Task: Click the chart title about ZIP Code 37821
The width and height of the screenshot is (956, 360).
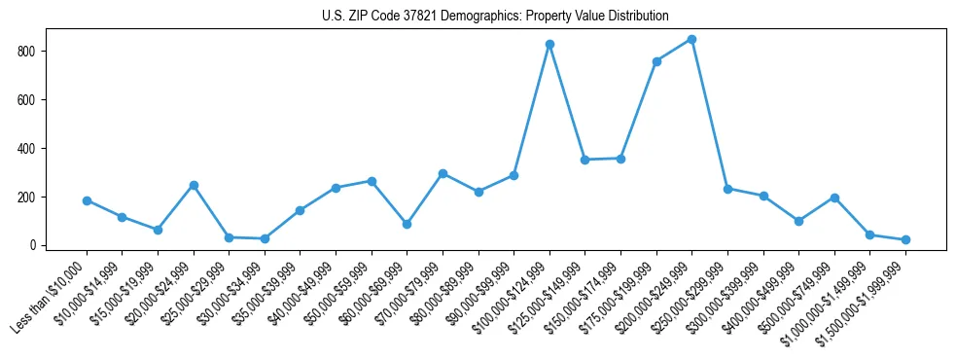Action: point(495,16)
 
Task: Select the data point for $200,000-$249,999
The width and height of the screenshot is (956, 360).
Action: point(691,39)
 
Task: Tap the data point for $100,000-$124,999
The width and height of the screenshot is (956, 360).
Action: point(549,44)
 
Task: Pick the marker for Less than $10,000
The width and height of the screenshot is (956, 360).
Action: point(87,200)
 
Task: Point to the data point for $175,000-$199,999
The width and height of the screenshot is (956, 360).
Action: point(656,61)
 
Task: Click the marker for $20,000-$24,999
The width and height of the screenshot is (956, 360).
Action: point(194,185)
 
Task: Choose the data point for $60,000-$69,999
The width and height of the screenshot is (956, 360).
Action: point(407,224)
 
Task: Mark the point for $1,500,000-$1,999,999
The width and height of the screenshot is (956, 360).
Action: point(905,239)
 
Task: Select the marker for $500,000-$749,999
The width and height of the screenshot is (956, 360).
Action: point(834,198)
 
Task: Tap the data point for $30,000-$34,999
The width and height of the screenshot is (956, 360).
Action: point(265,238)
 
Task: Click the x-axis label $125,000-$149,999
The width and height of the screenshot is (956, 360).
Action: point(549,296)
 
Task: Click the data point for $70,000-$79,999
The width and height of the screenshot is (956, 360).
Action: point(443,173)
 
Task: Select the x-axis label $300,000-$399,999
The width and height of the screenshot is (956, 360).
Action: point(726,296)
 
